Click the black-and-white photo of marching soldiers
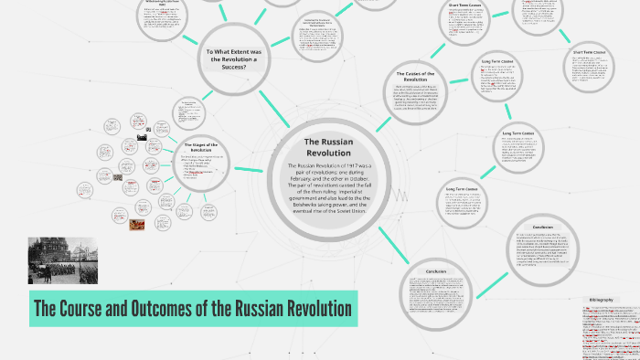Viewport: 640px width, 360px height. pyautogui.click(x=62, y=260)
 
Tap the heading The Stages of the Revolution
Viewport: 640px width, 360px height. pyautogui.click(x=199, y=149)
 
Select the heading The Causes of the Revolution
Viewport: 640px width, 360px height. pyautogui.click(x=416, y=78)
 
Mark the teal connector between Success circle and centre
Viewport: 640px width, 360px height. pyautogui.click(x=273, y=105)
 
